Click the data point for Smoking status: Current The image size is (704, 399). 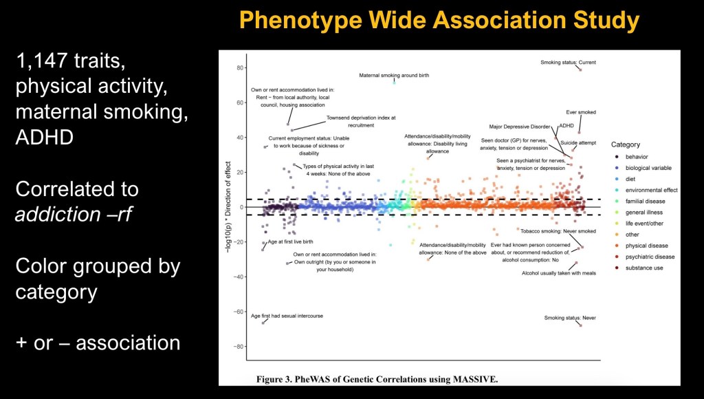click(x=580, y=69)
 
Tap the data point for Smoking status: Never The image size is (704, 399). click(x=580, y=325)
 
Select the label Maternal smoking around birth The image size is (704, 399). click(x=394, y=76)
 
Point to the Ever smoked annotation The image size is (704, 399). click(x=581, y=112)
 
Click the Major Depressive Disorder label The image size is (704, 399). click(x=520, y=127)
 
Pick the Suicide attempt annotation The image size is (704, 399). click(x=578, y=142)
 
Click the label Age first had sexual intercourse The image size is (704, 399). click(x=287, y=316)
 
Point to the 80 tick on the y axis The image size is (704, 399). click(x=240, y=67)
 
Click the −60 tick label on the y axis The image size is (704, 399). click(x=239, y=312)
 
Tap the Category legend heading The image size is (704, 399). click(x=625, y=144)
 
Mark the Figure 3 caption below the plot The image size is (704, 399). click(x=377, y=379)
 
